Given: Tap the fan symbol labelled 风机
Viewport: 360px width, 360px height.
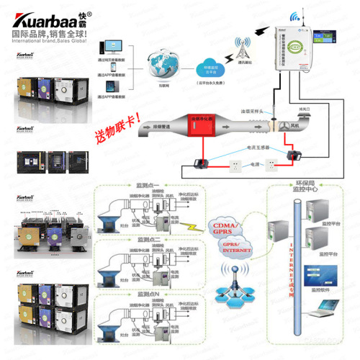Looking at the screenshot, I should [292, 126].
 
